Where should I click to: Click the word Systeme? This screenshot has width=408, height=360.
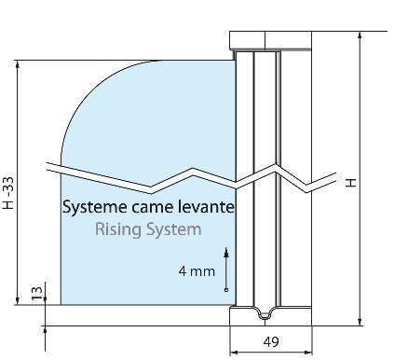pos(95,207)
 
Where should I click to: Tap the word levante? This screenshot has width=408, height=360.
pos(206,206)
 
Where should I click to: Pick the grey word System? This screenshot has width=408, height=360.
pos(174,230)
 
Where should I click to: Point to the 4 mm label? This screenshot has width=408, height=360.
pos(197,271)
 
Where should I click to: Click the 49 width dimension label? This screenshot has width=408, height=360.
pos(271,342)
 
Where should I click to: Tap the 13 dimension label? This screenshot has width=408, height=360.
pos(37,293)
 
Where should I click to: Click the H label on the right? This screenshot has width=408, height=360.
pos(351,183)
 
